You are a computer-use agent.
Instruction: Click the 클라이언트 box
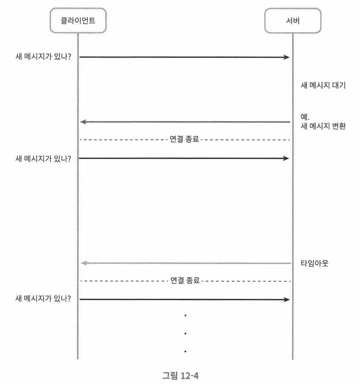(78, 21)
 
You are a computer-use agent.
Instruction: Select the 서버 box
(292, 21)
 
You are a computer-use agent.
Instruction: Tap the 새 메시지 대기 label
(322, 85)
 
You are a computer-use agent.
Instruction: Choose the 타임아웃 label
(315, 264)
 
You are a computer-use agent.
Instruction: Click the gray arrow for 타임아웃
(185, 263)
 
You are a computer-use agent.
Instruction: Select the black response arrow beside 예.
(185, 122)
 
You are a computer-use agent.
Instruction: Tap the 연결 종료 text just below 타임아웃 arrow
(185, 280)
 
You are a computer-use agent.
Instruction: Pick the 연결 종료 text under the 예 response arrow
(185, 140)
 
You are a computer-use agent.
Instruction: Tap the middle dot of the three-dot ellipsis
(185, 333)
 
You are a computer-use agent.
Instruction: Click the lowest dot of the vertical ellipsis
(185, 351)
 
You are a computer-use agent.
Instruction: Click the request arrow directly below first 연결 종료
(185, 158)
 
